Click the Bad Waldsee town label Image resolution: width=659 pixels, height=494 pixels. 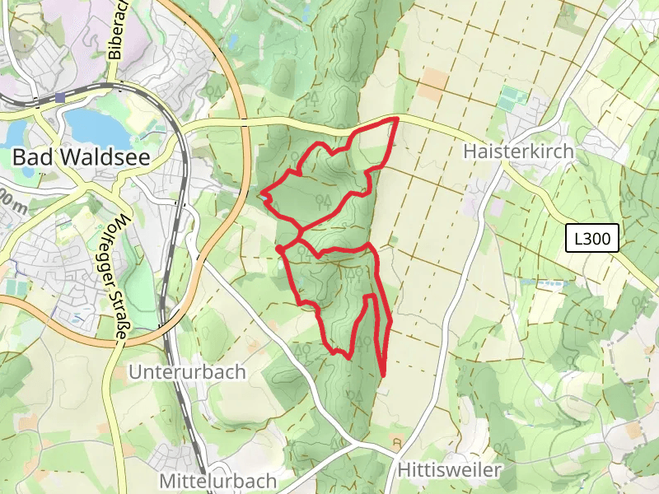81,157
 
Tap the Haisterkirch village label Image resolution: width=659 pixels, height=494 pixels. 517,152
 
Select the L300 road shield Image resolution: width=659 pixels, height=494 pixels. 592,239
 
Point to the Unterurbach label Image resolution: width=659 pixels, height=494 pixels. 187,372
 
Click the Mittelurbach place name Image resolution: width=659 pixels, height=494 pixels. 218,480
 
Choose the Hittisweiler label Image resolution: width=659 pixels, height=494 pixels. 449,470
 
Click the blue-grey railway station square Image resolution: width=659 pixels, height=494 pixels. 60,98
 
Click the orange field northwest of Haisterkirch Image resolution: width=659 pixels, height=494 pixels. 434,80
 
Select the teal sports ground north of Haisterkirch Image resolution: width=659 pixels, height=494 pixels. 512,98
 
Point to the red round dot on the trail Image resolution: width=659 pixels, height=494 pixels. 280,249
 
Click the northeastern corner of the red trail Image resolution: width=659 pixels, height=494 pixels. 397,119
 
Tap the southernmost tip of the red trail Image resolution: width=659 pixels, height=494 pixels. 384,375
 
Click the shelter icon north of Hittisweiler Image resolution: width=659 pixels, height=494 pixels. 397,443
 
